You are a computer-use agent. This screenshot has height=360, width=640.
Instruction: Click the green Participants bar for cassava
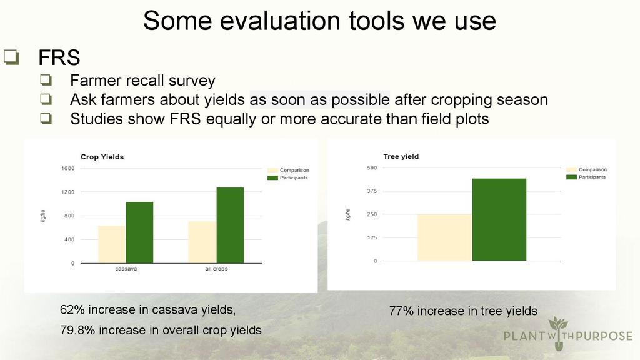pyautogui.click(x=139, y=232)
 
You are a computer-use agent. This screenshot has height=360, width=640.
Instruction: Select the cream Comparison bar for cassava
pyautogui.click(x=112, y=244)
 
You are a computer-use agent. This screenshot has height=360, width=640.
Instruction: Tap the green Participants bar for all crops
pyautogui.click(x=230, y=225)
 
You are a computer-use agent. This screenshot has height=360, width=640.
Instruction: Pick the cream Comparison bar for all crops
pyautogui.click(x=202, y=242)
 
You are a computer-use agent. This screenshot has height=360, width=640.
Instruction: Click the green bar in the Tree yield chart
pyautogui.click(x=499, y=219)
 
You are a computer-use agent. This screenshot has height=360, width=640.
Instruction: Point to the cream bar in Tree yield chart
pyautogui.click(x=445, y=237)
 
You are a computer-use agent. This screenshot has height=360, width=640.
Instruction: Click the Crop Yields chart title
pyautogui.click(x=102, y=157)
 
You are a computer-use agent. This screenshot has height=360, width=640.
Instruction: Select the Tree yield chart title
pyautogui.click(x=401, y=157)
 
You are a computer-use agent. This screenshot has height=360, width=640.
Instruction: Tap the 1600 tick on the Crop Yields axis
pyautogui.click(x=68, y=168)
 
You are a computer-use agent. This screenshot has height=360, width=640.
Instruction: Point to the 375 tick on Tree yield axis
pyautogui.click(x=372, y=191)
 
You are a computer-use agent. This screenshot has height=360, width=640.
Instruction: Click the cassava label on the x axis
pyautogui.click(x=126, y=269)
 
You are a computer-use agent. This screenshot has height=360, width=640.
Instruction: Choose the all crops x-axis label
pyautogui.click(x=216, y=269)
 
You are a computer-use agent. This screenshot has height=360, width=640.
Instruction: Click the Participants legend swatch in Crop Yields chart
pyautogui.click(x=272, y=178)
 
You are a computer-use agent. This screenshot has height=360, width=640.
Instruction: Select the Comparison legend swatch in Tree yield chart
pyautogui.click(x=571, y=170)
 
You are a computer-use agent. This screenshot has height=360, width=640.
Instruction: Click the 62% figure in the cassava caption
pyautogui.click(x=72, y=310)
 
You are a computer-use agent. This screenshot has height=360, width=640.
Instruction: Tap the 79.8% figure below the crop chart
pyautogui.click(x=77, y=330)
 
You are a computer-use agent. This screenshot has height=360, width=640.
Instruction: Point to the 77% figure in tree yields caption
pyautogui.click(x=401, y=311)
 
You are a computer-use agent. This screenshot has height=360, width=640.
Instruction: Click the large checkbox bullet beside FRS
pyautogui.click(x=11, y=57)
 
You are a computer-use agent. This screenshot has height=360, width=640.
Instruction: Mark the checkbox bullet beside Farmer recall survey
pyautogui.click(x=46, y=79)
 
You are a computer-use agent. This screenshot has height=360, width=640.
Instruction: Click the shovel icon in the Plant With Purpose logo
pyautogui.click(x=558, y=333)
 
